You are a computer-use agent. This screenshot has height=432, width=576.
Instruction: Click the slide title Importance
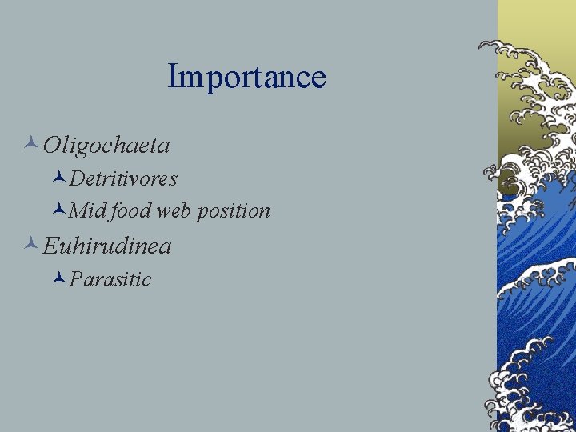[246, 78]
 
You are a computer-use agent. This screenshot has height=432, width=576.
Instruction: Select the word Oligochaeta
[106, 146]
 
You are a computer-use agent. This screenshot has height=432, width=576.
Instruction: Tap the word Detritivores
[123, 178]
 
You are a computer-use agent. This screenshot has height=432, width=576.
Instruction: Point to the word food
[131, 211]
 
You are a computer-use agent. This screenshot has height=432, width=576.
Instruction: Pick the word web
[174, 211]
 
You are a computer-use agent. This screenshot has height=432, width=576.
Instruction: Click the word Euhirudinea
[107, 246]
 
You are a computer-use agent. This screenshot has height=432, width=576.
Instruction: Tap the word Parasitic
[110, 279]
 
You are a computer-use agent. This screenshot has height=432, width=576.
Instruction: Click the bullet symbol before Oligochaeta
[31, 145]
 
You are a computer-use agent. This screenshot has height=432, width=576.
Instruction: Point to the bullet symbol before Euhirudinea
[31, 245]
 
